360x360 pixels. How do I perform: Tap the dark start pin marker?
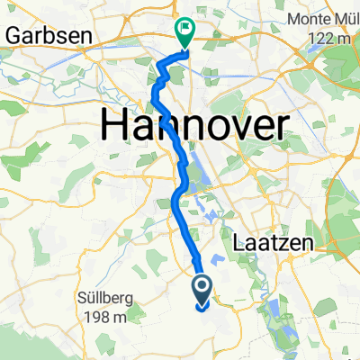click(x=202, y=289)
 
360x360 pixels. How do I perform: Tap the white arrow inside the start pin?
click(x=202, y=287)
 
